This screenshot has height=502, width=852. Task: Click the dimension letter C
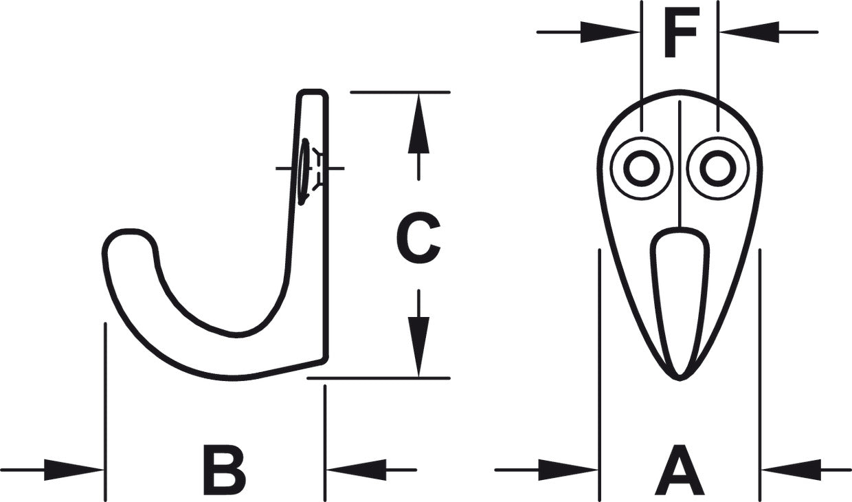(418, 238)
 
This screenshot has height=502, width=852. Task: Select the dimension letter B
(225, 469)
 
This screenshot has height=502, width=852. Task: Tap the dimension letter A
(680, 469)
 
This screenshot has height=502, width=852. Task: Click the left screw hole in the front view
(642, 168)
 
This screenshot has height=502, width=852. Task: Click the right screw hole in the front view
(718, 168)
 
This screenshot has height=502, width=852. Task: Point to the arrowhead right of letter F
(750, 32)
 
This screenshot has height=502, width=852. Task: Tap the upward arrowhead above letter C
(418, 124)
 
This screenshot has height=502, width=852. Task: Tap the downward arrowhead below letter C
(418, 347)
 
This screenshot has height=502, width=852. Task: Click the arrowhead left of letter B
(74, 470)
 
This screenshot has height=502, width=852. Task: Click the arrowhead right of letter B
(357, 470)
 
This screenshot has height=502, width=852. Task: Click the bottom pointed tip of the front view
(680, 378)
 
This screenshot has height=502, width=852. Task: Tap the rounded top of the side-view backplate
(313, 92)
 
